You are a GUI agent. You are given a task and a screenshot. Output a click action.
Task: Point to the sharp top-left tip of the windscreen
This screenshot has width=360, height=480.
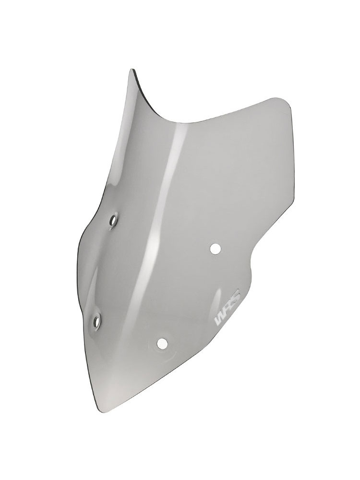click(132, 70)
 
